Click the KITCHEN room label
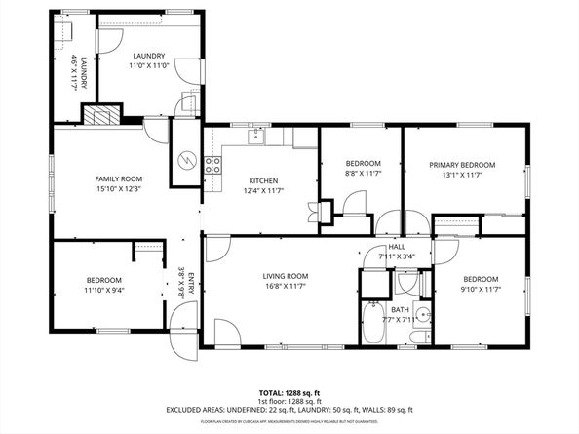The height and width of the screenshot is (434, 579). pos(263,181)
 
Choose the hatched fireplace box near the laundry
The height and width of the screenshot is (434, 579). pos(98,116)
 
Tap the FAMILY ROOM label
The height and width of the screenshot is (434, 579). pos(118,178)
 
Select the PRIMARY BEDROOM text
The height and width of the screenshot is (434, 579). pos(463,165)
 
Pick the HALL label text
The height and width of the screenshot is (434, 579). pos(397,248)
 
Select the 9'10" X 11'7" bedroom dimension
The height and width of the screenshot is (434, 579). pos(481,288)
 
